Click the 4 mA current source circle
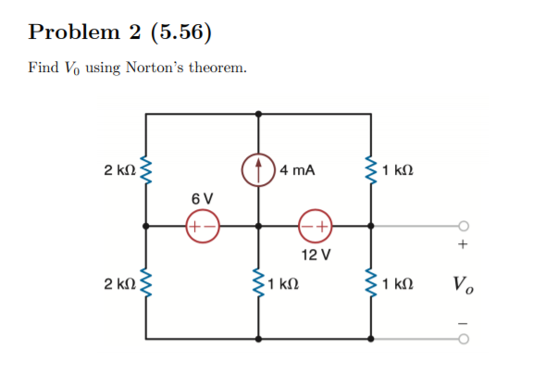click(257, 169)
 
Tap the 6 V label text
click(202, 199)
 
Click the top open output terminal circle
click(464, 225)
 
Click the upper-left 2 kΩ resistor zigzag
click(145, 170)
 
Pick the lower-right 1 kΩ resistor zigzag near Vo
click(371, 281)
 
